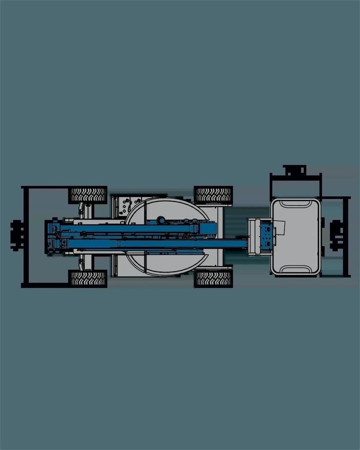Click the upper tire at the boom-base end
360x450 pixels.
[88, 194]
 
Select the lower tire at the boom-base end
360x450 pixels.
[88, 278]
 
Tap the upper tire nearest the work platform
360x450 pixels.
[213, 194]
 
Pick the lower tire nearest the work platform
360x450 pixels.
[213, 278]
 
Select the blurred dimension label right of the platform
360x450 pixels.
[337, 236]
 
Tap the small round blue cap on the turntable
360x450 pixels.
[161, 220]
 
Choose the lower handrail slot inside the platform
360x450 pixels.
[295, 270]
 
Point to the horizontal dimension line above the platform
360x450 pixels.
[295, 175]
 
